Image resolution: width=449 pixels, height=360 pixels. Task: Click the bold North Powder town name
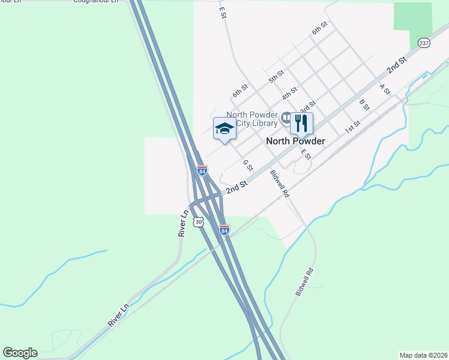tap(295, 141)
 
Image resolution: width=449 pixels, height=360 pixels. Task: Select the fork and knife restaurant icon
tap(301, 123)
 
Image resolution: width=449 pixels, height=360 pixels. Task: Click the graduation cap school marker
tap(224, 128)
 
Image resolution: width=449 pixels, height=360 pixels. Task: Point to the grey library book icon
tap(286, 116)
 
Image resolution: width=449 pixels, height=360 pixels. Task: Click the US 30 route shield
tap(199, 222)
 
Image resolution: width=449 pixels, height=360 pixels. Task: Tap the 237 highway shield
tap(424, 43)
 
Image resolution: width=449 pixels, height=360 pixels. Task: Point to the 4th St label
tap(289, 94)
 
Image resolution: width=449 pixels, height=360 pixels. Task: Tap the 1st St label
tap(352, 127)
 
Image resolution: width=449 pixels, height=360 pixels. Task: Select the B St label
tap(364, 104)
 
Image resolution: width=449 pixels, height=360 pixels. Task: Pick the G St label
tap(247, 164)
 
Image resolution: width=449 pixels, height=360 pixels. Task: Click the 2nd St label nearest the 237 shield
tap(397, 65)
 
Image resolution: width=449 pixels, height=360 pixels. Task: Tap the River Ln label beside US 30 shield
tap(184, 222)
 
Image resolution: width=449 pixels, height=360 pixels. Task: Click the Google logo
tap(20, 353)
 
